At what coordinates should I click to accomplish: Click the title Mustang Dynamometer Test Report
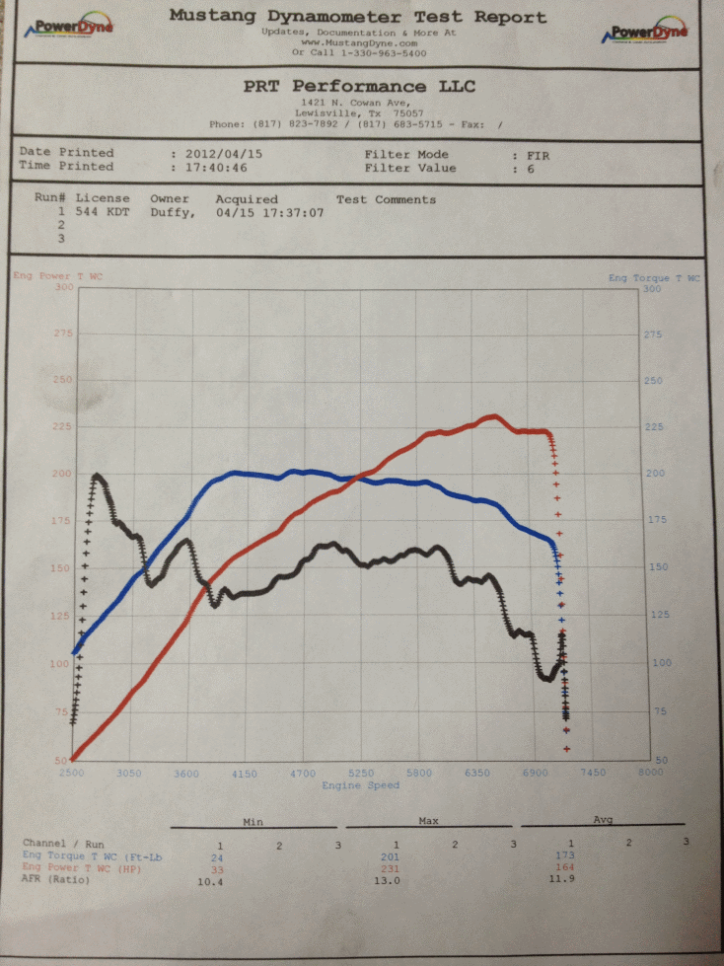(357, 17)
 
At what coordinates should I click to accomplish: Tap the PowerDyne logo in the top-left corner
(70, 29)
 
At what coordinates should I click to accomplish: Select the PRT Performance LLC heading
(359, 87)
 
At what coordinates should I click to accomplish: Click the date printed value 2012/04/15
(218, 154)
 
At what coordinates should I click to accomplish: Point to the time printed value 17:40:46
(214, 168)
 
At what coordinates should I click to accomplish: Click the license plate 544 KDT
(104, 212)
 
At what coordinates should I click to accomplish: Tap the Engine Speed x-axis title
(361, 785)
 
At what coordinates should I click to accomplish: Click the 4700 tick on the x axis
(303, 774)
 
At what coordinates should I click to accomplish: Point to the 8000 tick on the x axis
(650, 774)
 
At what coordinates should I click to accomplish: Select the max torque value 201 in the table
(396, 856)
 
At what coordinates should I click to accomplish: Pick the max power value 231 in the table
(396, 868)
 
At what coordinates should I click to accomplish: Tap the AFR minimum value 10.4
(220, 880)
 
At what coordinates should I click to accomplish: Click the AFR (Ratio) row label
(56, 880)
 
